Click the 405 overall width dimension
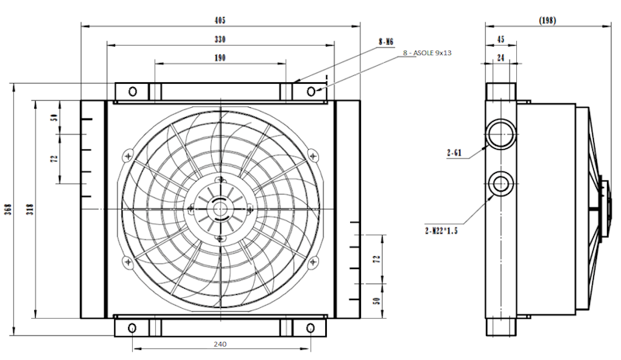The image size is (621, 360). click(x=220, y=21)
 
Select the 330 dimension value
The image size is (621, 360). click(x=220, y=40)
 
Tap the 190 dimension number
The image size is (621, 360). click(x=220, y=58)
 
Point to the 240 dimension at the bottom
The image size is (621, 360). click(x=220, y=344)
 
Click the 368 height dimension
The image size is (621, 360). click(x=8, y=209)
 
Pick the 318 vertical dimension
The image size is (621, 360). click(x=29, y=209)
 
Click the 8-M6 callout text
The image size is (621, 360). click(x=386, y=42)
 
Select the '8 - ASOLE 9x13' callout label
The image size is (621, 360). click(x=428, y=53)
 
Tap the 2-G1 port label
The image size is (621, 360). click(x=454, y=153)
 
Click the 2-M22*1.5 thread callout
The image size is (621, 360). click(x=441, y=230)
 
